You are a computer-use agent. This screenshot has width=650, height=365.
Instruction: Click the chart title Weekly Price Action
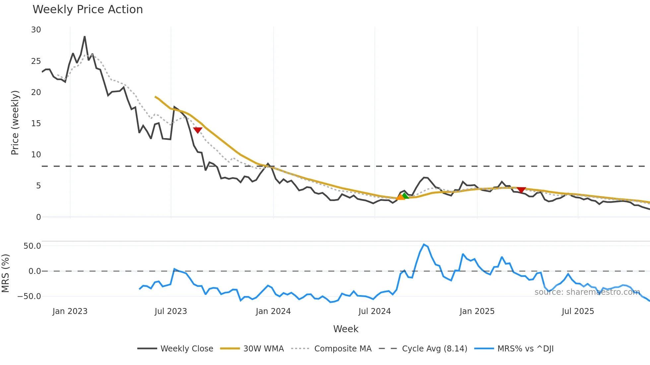pos(88,10)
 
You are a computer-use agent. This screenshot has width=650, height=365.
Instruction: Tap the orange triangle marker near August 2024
pos(401,197)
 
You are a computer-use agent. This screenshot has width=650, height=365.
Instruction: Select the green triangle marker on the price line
pos(405,196)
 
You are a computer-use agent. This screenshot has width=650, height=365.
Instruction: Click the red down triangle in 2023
pos(198,130)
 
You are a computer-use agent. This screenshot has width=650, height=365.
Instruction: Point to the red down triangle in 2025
pos(521,190)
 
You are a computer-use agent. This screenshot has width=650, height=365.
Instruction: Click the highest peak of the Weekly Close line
pos(85,37)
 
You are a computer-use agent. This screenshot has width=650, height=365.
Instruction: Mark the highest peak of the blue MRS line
pos(424,244)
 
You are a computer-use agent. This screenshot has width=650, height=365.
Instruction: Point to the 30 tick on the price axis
pos(36,30)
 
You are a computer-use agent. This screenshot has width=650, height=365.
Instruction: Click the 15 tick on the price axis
pos(36,124)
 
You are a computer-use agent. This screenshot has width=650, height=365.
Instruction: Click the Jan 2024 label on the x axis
pos(273,311)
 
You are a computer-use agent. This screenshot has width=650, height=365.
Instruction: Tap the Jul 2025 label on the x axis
pos(578,311)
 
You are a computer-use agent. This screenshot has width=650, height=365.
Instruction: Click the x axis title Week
pos(346,329)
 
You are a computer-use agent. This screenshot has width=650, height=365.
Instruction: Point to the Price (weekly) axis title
pos(15,123)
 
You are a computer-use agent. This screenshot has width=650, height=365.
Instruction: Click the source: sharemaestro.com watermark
pos(587,292)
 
